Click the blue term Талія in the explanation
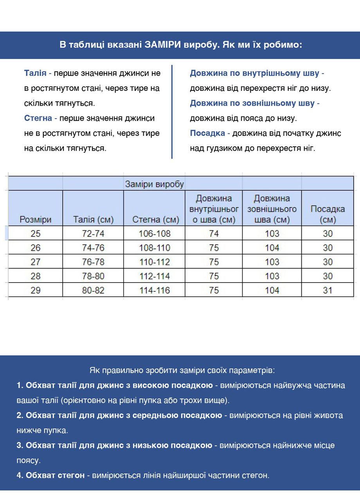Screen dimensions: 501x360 point(35,73)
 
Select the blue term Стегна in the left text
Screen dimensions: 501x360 point(38,118)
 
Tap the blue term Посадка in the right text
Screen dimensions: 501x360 point(207,133)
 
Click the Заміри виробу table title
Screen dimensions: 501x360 point(155,184)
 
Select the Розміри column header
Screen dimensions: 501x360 point(36,220)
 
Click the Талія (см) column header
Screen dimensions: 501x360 point(93,220)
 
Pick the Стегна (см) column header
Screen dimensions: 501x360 point(155,220)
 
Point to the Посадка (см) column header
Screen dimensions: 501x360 point(328,214)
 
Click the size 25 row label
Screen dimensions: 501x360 point(36,234)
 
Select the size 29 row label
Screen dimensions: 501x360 point(36,290)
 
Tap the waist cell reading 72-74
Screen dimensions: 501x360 point(93,234)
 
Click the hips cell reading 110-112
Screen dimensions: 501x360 point(155,262)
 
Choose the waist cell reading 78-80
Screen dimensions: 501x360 point(93,276)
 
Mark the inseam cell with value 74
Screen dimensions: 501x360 point(214,234)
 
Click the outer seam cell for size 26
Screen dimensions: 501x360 point(272,248)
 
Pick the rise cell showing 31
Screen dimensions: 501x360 point(328,290)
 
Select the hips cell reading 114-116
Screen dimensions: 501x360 point(155,290)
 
